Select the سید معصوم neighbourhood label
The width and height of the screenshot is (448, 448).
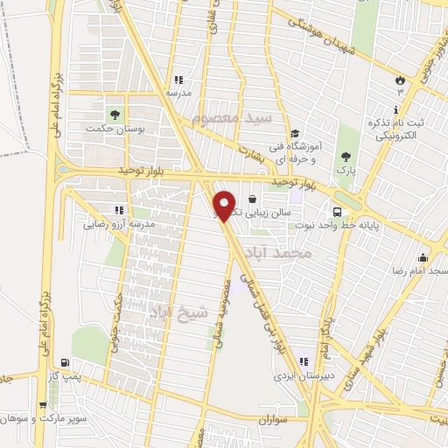coord(270,116)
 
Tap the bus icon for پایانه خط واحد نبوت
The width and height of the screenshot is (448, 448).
coord(336,212)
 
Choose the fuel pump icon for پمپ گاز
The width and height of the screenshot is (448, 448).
coord(66,362)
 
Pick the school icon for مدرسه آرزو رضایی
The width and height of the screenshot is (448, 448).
coord(120,210)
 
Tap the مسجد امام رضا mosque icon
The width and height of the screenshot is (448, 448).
coord(423,257)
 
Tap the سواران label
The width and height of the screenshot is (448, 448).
coord(273,420)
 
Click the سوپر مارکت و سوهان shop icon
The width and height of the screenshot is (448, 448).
coord(43,405)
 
